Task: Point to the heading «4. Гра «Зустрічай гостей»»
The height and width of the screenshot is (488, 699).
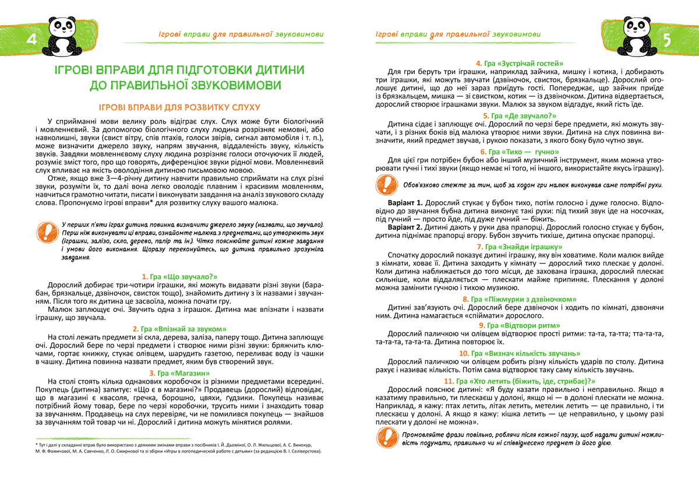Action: point(520,63)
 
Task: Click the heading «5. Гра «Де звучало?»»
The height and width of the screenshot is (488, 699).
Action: point(520,116)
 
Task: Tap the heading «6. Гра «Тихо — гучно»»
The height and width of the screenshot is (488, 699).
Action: point(520,152)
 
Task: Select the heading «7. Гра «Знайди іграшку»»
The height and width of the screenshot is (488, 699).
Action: point(520,247)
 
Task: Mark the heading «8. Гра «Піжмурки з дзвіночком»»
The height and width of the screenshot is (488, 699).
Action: point(520,299)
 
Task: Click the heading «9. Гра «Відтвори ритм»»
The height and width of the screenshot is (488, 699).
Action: point(520,325)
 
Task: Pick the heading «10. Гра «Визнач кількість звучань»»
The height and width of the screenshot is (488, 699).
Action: point(520,353)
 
